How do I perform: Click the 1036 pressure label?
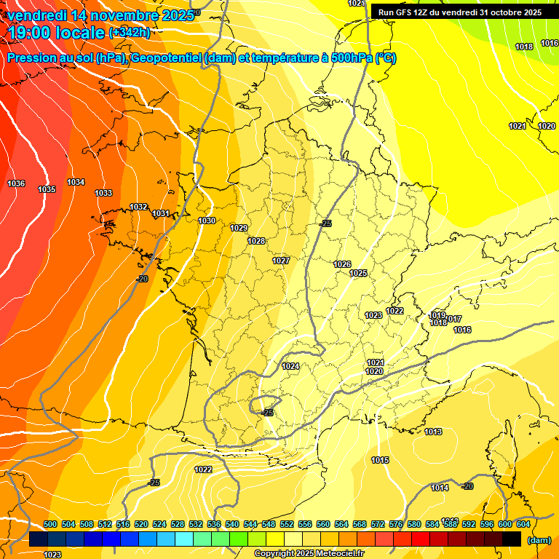[x=16, y=183]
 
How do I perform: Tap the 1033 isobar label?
[x=103, y=193]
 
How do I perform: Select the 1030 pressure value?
[x=207, y=221]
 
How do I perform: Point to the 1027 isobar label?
[x=281, y=261]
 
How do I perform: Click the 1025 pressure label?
[x=358, y=274]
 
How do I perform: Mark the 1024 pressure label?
[x=290, y=366]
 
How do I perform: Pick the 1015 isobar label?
[x=379, y=460]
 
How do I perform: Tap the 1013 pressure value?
[x=433, y=432]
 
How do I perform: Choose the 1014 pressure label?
[x=439, y=488]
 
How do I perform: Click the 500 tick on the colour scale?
[x=50, y=524]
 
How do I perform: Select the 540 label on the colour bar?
[x=232, y=524]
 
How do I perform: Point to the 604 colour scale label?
[x=523, y=524]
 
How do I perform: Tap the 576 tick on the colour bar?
[x=396, y=524]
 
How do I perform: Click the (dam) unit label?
[x=539, y=539]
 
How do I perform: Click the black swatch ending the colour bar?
[x=512, y=539]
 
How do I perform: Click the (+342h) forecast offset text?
[x=129, y=32]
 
